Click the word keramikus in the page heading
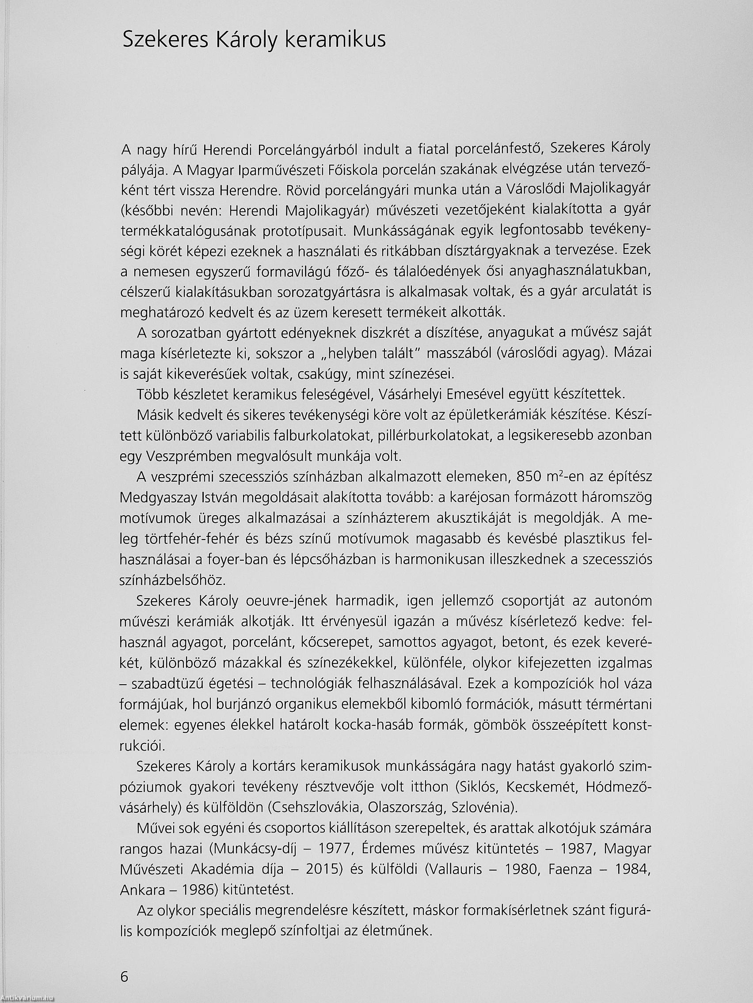point(335,40)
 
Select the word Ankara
point(142,889)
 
